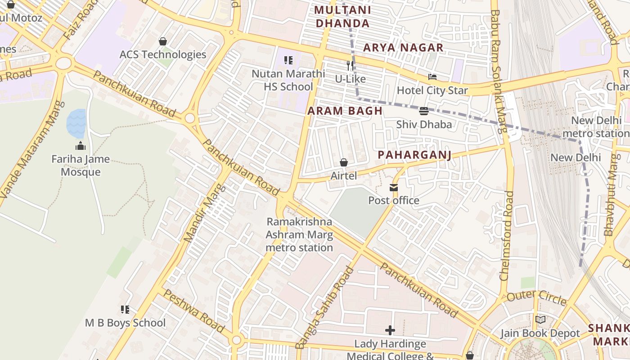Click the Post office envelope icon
tap(394, 187)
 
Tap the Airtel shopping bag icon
tap(344, 162)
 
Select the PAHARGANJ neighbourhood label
tap(414, 155)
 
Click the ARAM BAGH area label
tap(345, 111)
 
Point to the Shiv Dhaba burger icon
tap(423, 111)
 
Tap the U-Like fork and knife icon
tap(350, 66)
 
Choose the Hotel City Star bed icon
tap(432, 77)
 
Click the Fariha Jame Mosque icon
tap(81, 146)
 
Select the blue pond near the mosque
tap(76, 123)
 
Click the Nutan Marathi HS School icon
tap(288, 60)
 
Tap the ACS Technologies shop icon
tap(162, 41)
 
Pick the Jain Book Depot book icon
tap(540, 320)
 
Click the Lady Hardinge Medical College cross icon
tap(390, 331)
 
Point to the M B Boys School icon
tap(125, 310)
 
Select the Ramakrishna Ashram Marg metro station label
tap(299, 234)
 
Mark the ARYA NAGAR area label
tap(403, 47)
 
